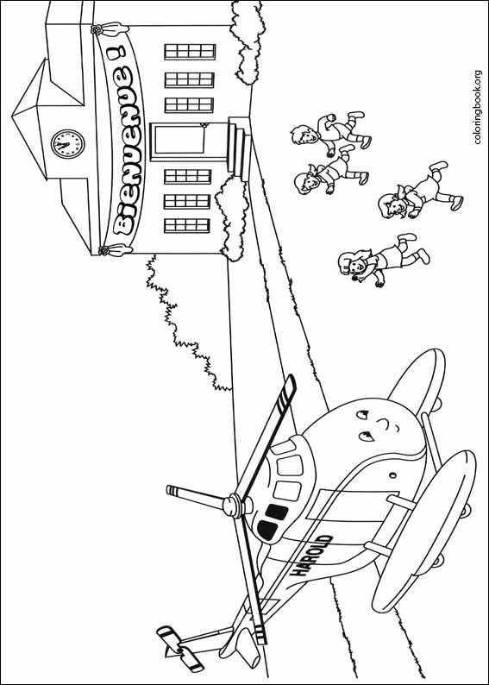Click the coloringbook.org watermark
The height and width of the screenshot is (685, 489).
pos(477,110)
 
